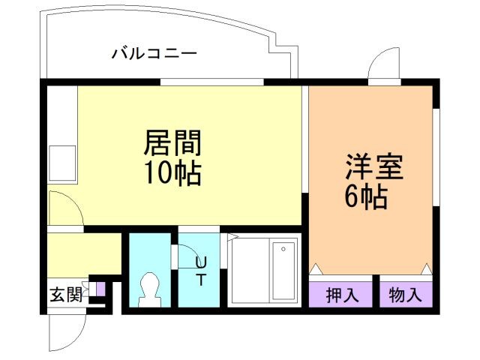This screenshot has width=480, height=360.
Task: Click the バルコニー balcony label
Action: (154, 53)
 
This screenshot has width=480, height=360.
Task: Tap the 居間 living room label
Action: (173, 142)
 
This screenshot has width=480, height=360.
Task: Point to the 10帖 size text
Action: (173, 173)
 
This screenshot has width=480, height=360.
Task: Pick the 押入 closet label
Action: (342, 295)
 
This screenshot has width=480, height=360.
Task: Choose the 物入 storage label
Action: (406, 295)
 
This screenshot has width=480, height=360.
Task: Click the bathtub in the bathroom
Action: (284, 270)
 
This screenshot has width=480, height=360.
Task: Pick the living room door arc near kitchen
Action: (64, 206)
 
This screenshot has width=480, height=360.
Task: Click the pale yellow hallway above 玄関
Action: (82, 254)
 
